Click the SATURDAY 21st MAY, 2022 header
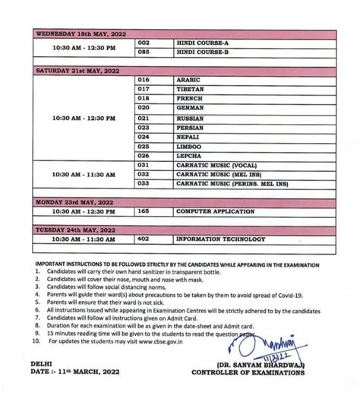[x=77, y=70]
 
